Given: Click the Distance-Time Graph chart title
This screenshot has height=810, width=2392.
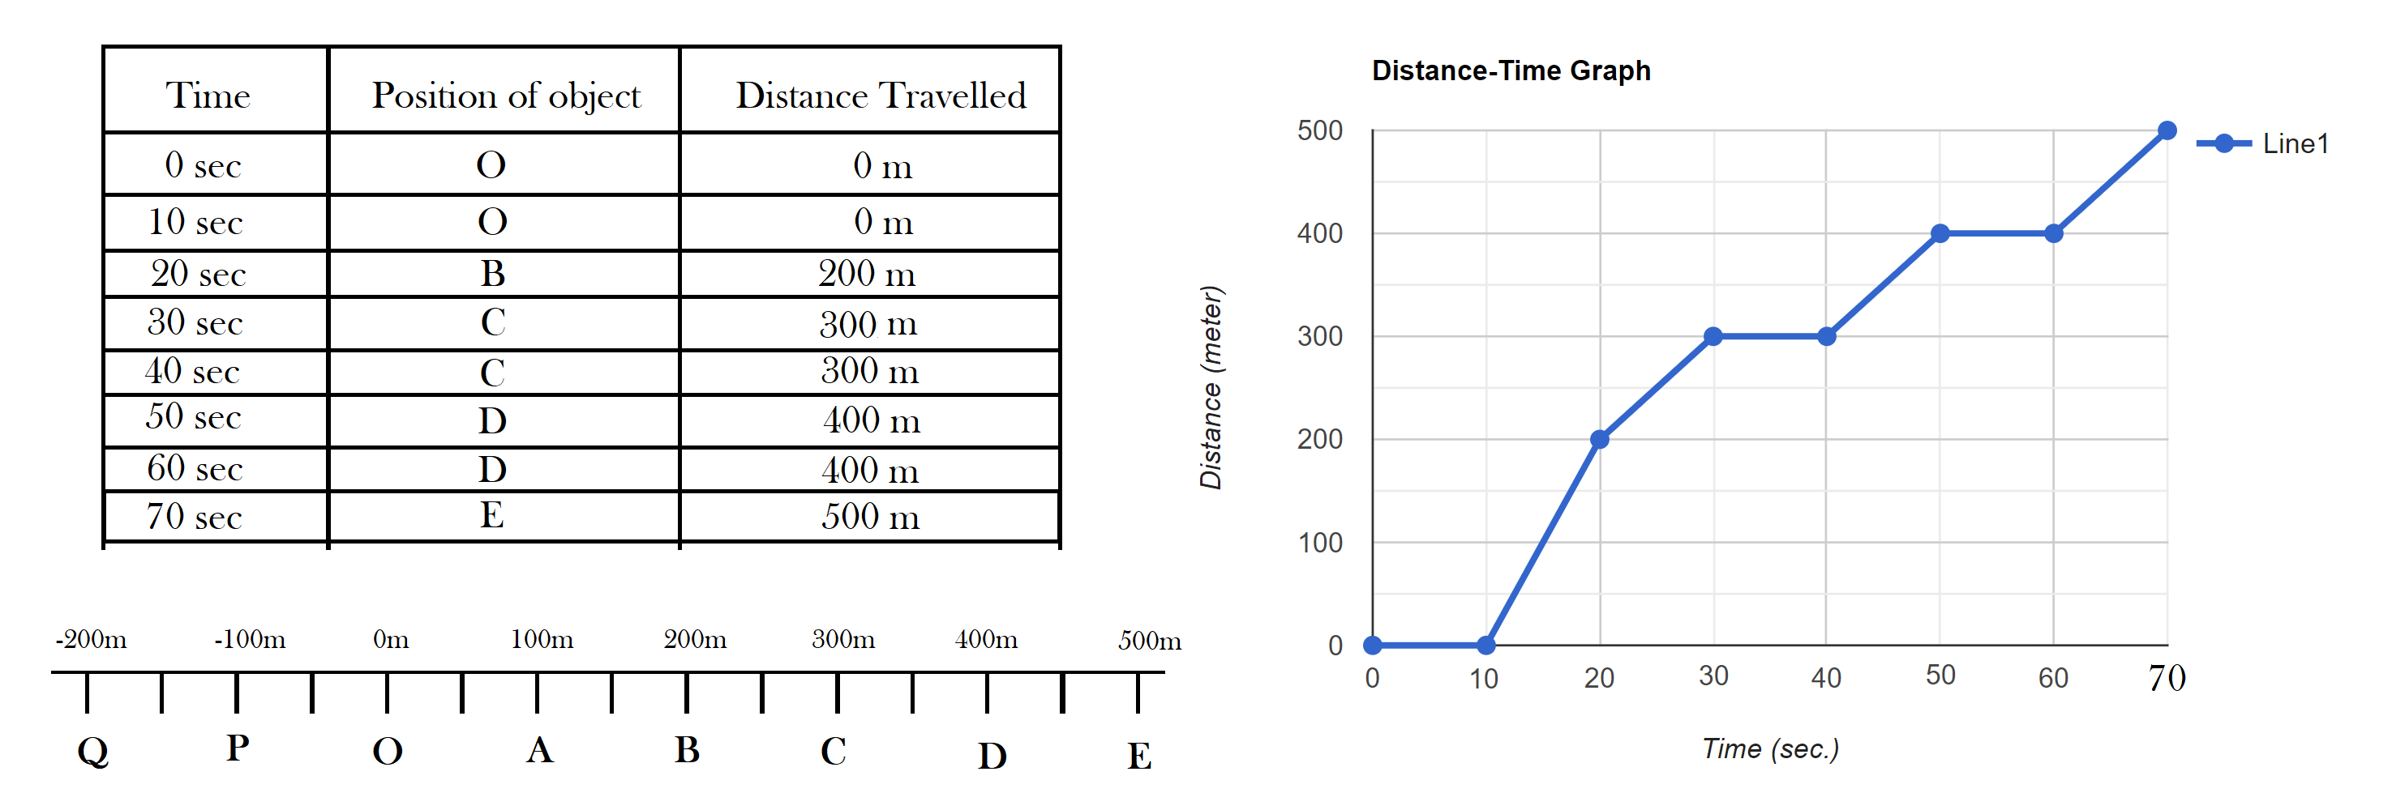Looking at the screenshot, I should [1511, 70].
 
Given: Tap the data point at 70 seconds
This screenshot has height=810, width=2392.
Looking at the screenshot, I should [2167, 131].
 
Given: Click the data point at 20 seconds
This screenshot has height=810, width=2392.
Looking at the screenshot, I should [1599, 439].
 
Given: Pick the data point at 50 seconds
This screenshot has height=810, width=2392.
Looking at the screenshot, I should [1940, 234].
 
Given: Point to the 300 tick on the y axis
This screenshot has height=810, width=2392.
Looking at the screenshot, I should [1319, 336].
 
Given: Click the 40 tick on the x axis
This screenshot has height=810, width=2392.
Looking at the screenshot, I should [1825, 678].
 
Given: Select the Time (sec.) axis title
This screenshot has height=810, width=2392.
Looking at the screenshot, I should [1770, 748].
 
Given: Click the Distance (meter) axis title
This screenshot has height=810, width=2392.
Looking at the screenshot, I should [1211, 388].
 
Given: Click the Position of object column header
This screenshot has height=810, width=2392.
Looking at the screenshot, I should [506, 96].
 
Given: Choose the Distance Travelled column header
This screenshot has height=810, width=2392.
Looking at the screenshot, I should [881, 96].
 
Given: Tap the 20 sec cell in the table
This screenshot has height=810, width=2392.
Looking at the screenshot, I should [198, 274].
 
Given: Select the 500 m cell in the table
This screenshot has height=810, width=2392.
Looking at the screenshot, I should [870, 517].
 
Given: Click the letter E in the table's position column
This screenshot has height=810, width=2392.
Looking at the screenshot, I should [492, 515].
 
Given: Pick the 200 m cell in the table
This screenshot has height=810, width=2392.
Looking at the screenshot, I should [866, 274].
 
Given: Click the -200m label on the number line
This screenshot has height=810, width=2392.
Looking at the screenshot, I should [91, 639].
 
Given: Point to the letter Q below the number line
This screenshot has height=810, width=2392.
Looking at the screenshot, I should [93, 750].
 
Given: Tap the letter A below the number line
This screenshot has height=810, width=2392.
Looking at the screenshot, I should [539, 750].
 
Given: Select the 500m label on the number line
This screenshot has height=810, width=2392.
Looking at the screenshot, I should [1149, 640].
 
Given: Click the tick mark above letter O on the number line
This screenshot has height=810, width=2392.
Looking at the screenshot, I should [388, 693].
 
